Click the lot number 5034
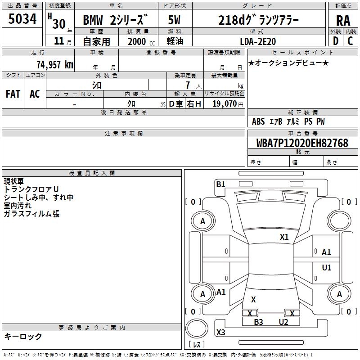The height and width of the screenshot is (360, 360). click(22, 19)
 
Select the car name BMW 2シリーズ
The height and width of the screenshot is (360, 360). click(115, 20)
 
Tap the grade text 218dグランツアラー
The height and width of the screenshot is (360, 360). click(258, 20)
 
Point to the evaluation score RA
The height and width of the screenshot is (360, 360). click(343, 20)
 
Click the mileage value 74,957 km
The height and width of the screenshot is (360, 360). click(54, 64)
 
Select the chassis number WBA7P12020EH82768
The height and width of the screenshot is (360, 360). click(302, 143)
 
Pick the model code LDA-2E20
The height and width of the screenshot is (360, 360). click(258, 41)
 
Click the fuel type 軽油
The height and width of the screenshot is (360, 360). click(175, 41)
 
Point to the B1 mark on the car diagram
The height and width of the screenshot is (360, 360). click(220, 184)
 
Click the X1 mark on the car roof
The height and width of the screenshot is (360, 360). click(284, 237)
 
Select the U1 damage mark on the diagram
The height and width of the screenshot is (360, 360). click(326, 268)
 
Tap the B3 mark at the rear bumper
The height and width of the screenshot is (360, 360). click(258, 322)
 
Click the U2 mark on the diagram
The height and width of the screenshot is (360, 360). click(283, 322)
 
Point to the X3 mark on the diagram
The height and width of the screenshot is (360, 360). click(220, 333)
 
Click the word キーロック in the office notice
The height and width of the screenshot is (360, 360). click(23, 336)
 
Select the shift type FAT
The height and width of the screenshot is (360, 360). click(13, 94)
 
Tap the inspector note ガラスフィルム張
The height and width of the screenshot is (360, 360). click(31, 214)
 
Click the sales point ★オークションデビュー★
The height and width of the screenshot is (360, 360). click(288, 63)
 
